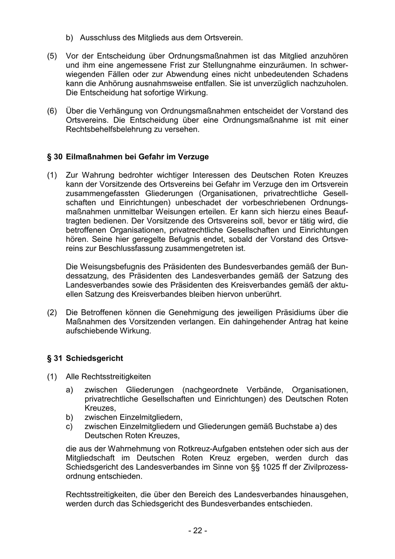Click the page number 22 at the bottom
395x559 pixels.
click(x=197, y=531)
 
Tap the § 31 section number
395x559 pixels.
click(x=54, y=358)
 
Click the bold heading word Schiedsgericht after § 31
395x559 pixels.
click(x=94, y=358)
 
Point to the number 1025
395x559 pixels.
click(x=270, y=467)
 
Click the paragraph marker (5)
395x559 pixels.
click(x=52, y=56)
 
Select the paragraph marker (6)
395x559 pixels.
click(x=52, y=111)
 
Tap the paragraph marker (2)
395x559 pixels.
click(x=52, y=313)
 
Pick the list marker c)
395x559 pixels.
click(x=69, y=427)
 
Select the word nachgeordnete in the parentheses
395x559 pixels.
click(x=210, y=390)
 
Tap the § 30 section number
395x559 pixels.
click(x=54, y=157)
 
